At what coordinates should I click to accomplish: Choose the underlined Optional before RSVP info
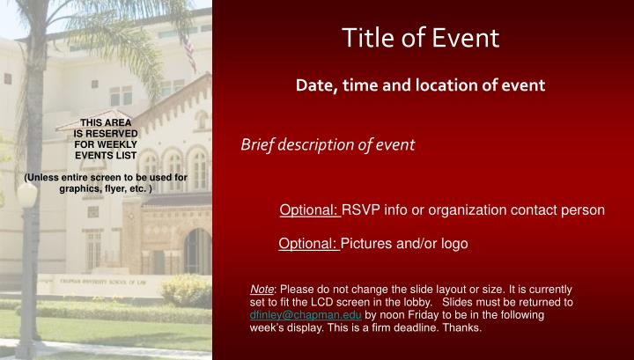point(309,210)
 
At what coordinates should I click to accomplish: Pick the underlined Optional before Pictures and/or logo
point(308,243)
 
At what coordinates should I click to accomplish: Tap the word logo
point(452,243)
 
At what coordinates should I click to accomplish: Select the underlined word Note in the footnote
point(262,289)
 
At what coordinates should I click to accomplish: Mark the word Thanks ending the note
point(461,327)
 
